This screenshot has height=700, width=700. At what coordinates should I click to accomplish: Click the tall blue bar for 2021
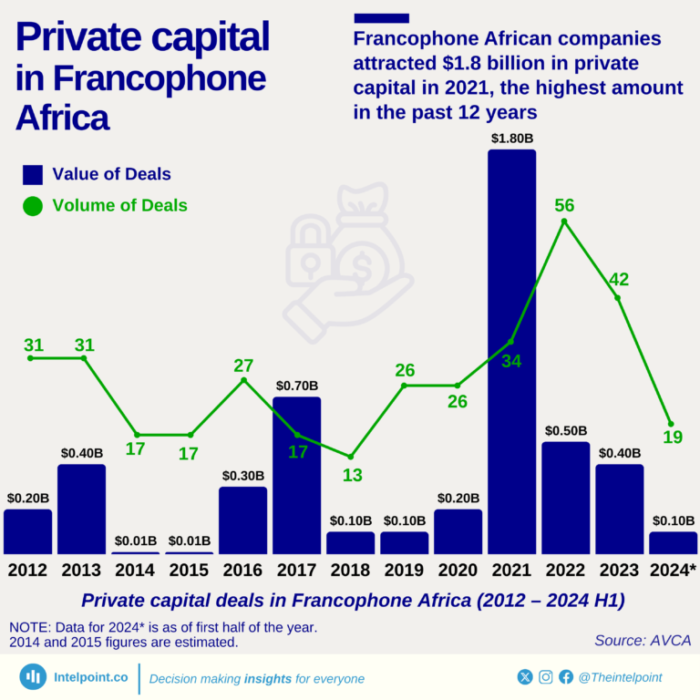511,351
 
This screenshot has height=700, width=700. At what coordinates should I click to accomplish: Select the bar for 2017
296,475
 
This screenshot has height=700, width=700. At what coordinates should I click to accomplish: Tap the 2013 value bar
81,509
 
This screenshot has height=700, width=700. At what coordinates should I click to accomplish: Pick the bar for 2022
565,498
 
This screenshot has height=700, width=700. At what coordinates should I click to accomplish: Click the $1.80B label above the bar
511,139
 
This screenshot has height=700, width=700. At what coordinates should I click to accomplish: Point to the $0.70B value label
296,386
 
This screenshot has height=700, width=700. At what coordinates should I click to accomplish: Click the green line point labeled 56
564,221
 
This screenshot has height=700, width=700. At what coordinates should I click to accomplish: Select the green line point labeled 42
618,298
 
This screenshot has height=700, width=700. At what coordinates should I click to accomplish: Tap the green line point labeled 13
350,456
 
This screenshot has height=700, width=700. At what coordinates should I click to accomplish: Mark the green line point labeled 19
672,424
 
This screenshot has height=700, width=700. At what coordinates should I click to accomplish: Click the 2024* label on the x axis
673,571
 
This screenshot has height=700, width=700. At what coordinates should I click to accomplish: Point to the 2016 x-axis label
242,571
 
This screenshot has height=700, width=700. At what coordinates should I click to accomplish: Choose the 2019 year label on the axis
404,571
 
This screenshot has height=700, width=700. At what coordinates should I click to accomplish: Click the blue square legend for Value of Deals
33,174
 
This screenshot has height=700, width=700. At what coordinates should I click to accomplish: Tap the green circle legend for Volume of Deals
33,206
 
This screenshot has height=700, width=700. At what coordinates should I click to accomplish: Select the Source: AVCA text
641,641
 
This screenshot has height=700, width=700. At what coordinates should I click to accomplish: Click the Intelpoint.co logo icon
35,677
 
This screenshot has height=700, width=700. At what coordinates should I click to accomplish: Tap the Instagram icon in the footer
545,677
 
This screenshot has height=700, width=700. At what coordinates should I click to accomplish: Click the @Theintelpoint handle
621,677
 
